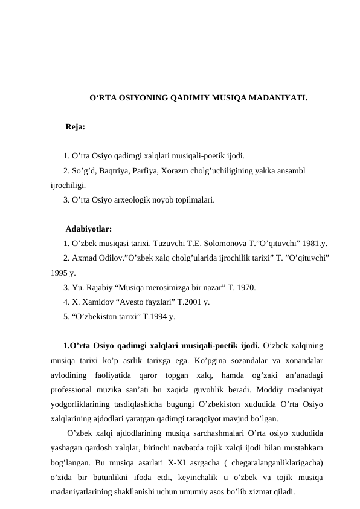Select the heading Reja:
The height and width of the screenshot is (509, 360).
tap(75, 128)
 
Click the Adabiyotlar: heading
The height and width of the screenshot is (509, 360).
tap(88, 229)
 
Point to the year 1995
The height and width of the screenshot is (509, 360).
tap(60, 273)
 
